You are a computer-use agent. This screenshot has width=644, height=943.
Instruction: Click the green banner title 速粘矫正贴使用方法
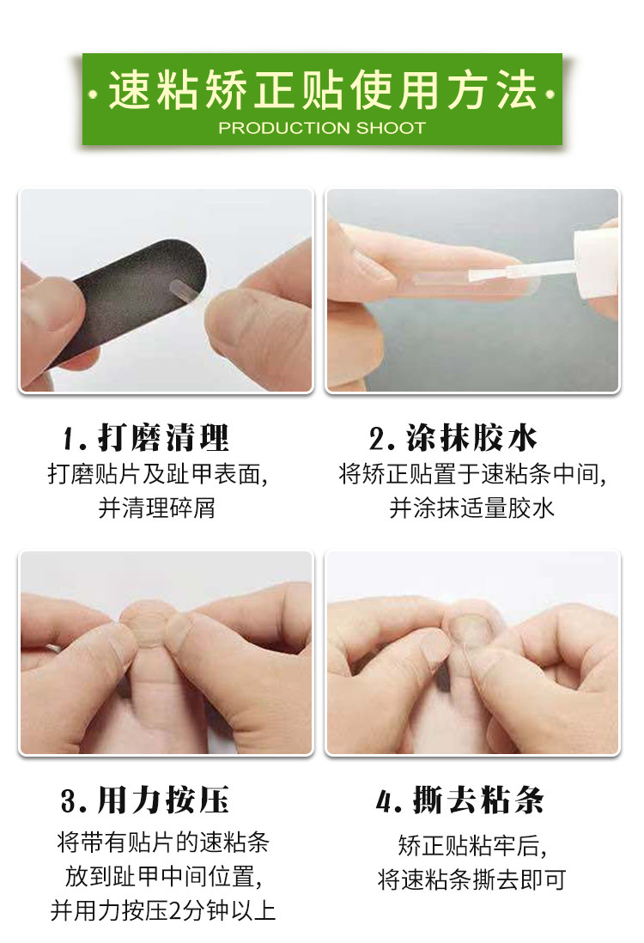coord(322,90)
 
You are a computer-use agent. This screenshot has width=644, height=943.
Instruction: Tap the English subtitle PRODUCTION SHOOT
coord(322,127)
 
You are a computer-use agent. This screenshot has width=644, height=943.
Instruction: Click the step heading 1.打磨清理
coord(145,437)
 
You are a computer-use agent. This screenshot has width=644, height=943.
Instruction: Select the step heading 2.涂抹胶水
coord(453,437)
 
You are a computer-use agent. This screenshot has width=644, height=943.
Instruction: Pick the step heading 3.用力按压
coord(145,800)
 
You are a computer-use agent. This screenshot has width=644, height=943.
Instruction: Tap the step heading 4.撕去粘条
coord(460,800)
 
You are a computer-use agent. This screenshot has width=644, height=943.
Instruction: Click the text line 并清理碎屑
coord(156,508)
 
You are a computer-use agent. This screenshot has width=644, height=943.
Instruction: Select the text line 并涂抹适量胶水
coord(471,508)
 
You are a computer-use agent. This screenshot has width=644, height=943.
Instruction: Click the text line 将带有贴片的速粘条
coord(162,842)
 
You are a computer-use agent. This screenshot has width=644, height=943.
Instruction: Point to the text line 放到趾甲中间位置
coord(163,876)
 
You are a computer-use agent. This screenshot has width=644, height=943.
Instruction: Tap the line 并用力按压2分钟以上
coord(162,910)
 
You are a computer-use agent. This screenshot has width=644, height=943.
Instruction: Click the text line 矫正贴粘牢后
coord(472,846)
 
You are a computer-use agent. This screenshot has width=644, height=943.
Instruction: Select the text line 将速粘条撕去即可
coord(472,879)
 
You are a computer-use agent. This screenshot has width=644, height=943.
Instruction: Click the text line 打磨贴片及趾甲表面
coord(157,475)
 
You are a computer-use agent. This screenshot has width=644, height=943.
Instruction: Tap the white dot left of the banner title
coord(92,94)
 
